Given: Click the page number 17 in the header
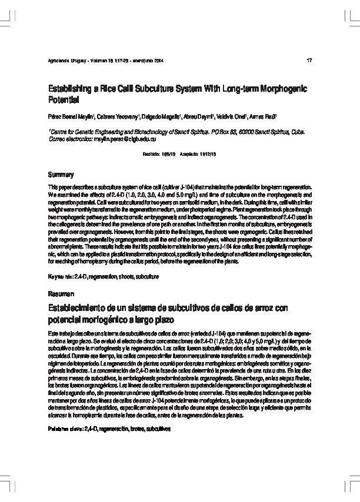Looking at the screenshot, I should [x=309, y=61].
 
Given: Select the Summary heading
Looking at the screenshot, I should [x=61, y=175].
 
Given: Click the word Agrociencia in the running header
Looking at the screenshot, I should [x=61, y=61].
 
